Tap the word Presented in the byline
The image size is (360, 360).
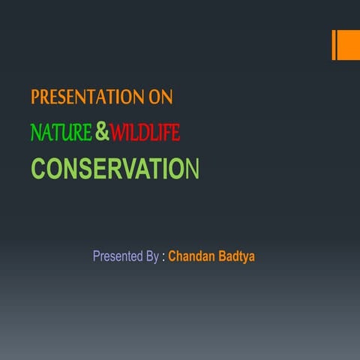point(117,256)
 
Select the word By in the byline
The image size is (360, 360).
point(151,256)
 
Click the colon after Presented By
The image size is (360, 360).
point(163,257)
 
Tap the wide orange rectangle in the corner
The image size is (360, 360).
point(349,45)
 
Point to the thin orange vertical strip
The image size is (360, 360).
point(334,45)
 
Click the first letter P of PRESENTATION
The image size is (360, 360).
point(34,97)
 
